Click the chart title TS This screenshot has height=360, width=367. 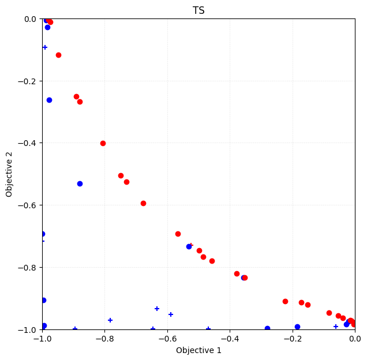tap(199, 10)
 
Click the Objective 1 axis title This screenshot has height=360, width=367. tap(199, 350)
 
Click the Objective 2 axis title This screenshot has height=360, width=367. tap(9, 174)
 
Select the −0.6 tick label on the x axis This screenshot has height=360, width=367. tap(167, 339)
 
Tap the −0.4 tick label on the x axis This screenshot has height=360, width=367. tap(230, 339)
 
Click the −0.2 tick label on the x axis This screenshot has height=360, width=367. tap(293, 339)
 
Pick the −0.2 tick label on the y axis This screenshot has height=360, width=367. tap(27, 81)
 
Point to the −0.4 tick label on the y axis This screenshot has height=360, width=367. tap(27, 143)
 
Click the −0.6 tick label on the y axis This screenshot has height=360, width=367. tap(27, 205)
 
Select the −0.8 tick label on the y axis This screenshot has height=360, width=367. tap(27, 268)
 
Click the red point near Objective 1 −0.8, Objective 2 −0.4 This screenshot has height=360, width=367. tap(103, 143)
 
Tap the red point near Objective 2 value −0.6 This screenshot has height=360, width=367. tap(143, 203)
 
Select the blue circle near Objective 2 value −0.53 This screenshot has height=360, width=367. tap(80, 183)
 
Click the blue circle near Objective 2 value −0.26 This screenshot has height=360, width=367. tap(49, 100)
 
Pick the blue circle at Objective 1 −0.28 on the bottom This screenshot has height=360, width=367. tap(267, 329)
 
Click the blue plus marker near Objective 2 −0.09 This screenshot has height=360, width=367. tap(45, 47)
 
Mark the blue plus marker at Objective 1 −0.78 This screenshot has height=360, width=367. tap(110, 320)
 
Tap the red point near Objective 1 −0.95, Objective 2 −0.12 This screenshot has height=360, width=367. tap(58, 55)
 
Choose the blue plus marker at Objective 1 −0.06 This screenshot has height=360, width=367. tap(336, 327)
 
